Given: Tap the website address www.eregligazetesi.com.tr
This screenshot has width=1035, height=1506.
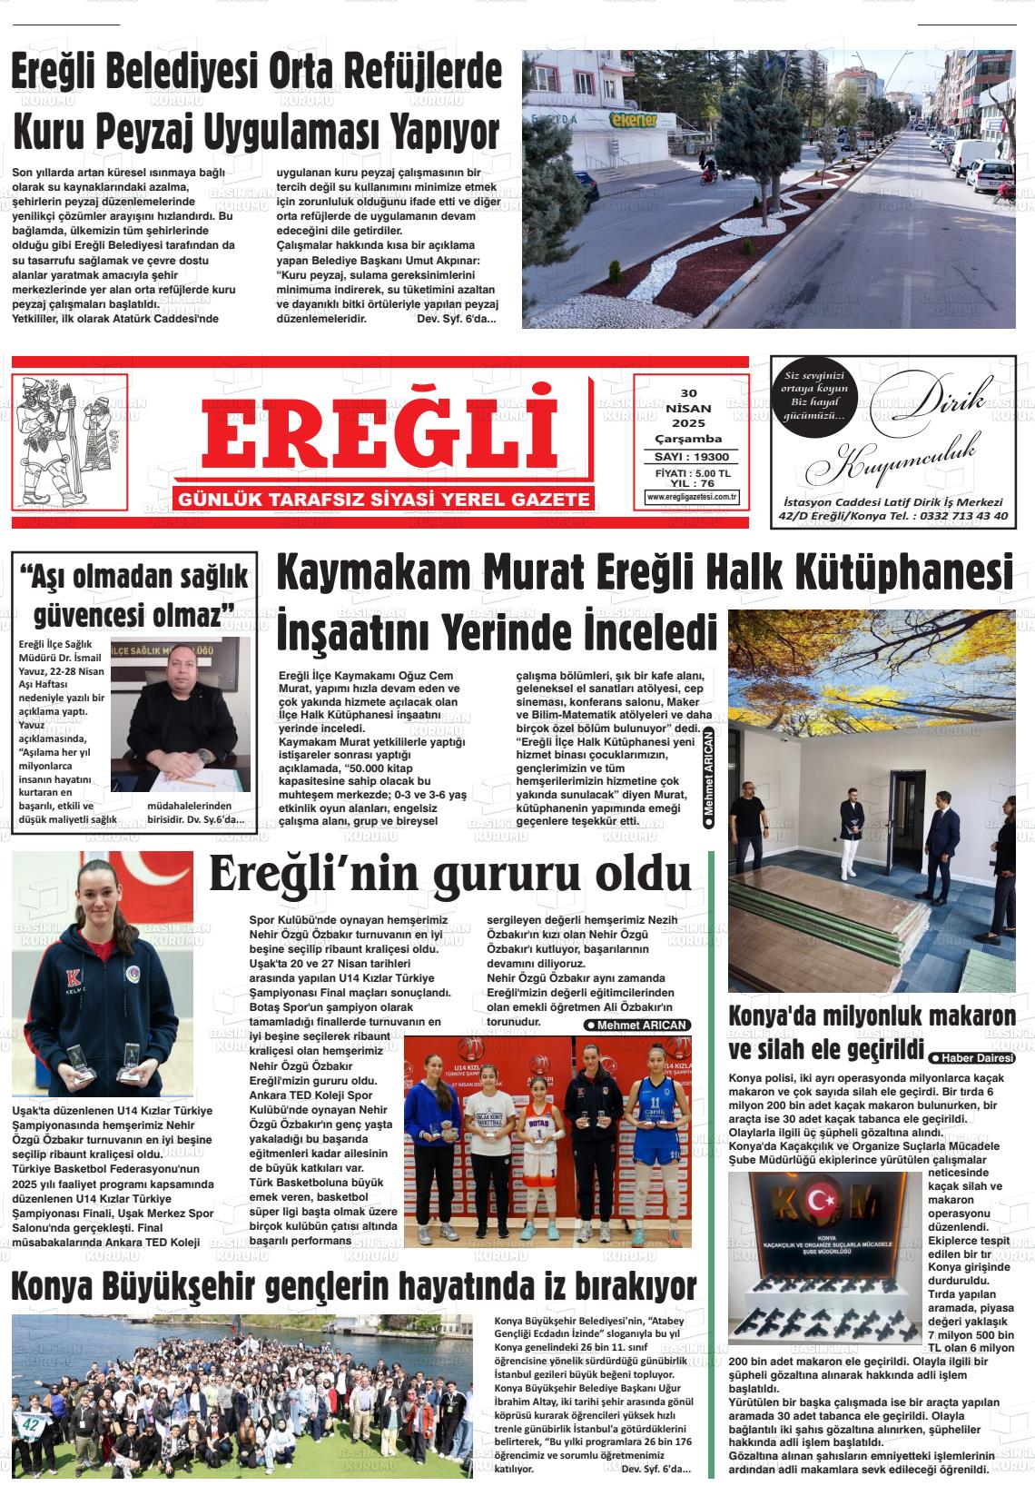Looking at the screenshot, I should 692,497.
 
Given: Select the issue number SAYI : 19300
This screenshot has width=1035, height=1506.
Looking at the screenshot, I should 692,457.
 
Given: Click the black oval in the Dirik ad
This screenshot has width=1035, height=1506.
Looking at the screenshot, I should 813,396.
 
